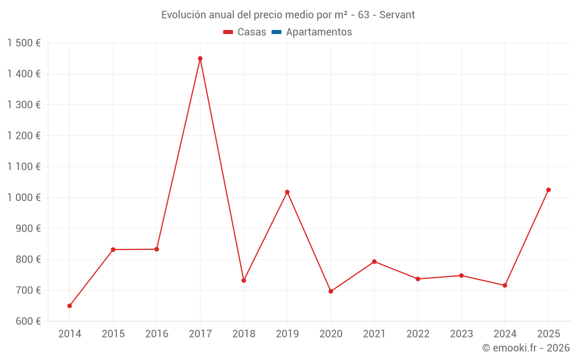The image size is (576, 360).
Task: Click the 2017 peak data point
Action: click(200, 58)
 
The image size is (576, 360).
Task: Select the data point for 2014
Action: click(70, 306)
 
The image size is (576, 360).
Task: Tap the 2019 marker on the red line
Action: click(287, 192)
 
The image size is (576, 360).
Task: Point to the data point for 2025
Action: click(548, 190)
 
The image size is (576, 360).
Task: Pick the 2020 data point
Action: click(331, 291)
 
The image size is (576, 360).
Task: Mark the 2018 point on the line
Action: click(244, 281)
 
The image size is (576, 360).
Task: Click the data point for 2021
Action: click(374, 262)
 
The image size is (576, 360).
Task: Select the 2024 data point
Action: click(505, 285)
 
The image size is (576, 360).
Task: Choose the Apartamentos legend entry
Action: click(319, 32)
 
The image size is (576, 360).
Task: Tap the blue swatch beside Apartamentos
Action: click(276, 32)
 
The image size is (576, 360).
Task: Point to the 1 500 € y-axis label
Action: click(24, 43)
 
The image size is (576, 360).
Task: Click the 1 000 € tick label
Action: click(24, 198)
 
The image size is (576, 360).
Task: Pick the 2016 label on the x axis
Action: click(157, 334)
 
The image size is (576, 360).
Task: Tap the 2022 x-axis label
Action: click(418, 334)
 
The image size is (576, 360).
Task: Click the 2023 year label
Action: click(461, 334)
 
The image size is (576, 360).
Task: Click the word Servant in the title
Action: click(397, 15)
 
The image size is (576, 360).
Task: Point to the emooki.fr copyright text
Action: click(526, 348)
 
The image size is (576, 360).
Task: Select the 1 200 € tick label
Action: click(24, 136)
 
